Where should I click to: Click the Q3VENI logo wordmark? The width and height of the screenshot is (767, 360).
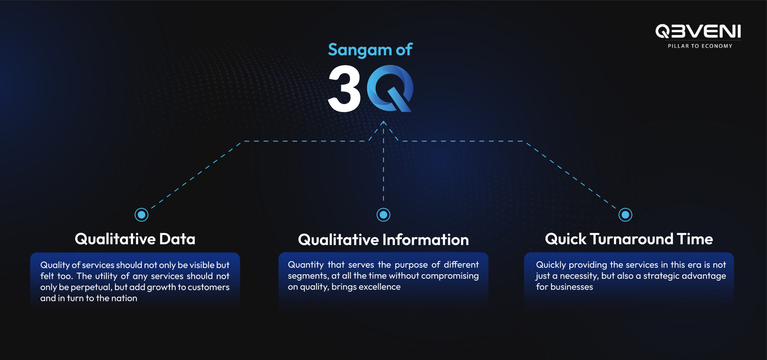[x=698, y=31]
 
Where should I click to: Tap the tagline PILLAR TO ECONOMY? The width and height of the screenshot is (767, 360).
[x=700, y=46]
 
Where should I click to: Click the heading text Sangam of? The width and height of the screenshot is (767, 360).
[x=370, y=49]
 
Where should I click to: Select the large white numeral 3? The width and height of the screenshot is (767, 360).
[x=345, y=89]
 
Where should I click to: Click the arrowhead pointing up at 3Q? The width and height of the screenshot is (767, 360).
[x=383, y=123]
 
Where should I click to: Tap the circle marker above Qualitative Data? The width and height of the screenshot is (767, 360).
[x=141, y=215]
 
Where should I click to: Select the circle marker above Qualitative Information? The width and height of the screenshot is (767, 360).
[x=383, y=215]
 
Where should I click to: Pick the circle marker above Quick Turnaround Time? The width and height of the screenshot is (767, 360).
[x=625, y=215]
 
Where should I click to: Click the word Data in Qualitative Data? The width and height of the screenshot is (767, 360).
[x=177, y=239]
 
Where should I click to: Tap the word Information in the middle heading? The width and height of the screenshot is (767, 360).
[x=426, y=240]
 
